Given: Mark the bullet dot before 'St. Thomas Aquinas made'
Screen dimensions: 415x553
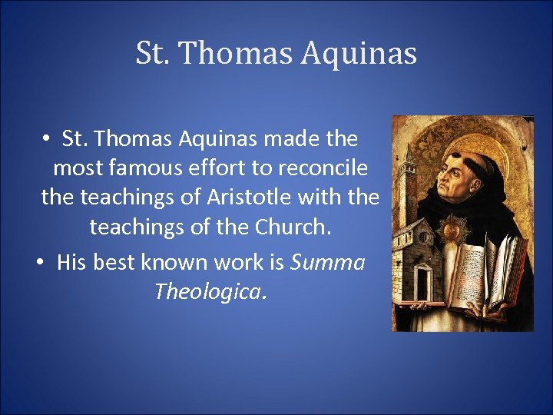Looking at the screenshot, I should [47, 139].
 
